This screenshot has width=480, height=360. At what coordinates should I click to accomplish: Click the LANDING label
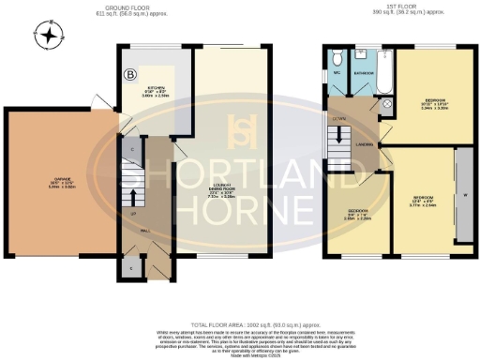366,145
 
